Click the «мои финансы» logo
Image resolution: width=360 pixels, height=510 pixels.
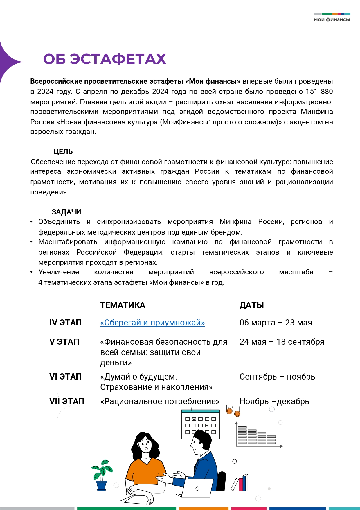point(332,18)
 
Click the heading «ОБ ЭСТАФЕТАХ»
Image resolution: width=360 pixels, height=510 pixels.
point(105,59)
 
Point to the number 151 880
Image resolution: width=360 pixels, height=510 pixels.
point(319,92)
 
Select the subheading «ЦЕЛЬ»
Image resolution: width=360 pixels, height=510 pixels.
point(63,151)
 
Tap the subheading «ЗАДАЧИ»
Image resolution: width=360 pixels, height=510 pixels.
point(66,212)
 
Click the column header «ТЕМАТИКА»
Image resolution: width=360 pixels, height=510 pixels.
point(123,305)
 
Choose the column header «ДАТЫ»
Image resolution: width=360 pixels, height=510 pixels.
point(251,305)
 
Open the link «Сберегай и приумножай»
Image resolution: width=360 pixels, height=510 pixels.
point(152,323)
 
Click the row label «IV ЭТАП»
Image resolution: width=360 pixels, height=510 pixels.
point(65,323)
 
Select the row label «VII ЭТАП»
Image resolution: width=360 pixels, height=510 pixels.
point(67,401)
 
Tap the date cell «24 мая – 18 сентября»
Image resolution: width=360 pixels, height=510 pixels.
point(282,342)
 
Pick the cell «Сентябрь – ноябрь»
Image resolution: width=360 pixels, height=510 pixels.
point(277,377)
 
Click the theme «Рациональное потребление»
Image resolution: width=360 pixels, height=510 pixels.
point(160,401)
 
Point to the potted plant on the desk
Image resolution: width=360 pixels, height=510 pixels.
point(101,475)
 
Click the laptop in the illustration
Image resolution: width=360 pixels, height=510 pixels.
point(197,488)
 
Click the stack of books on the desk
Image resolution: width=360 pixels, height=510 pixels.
point(241,483)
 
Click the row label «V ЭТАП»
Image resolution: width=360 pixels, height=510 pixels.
point(64,342)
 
